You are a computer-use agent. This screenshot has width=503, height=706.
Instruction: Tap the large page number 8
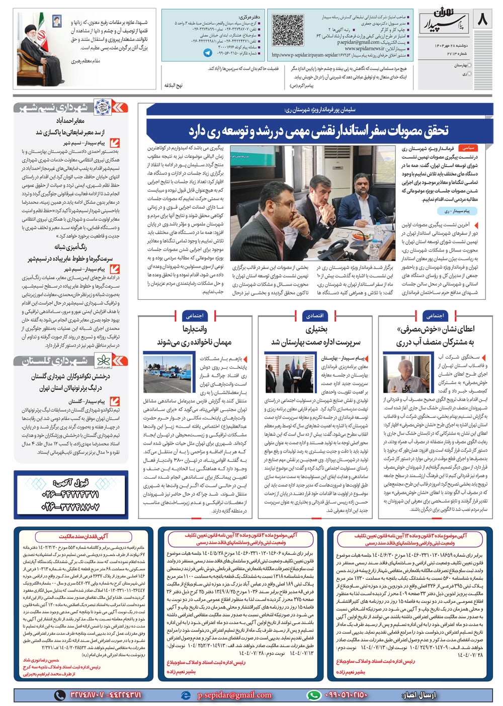click(482, 21)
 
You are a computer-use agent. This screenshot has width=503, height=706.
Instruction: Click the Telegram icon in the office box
click(208, 52)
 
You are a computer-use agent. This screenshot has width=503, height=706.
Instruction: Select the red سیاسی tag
click(467, 148)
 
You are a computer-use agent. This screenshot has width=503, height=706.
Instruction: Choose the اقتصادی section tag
click(314, 316)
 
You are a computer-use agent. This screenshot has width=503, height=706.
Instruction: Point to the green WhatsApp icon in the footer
click(313, 695)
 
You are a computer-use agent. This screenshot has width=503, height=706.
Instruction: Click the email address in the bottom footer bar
click(234, 695)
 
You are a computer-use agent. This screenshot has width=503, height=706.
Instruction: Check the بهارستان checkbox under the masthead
click(469, 65)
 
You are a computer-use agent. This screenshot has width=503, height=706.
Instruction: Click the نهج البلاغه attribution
click(173, 85)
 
